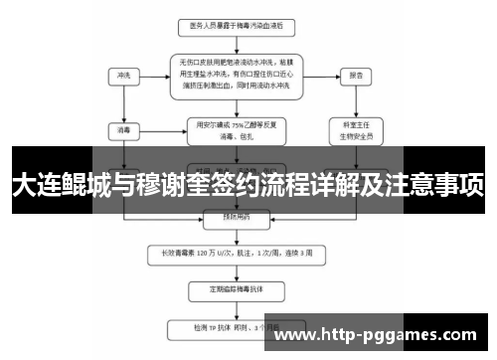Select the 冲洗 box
124,75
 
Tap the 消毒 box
124,130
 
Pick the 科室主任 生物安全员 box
356,130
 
